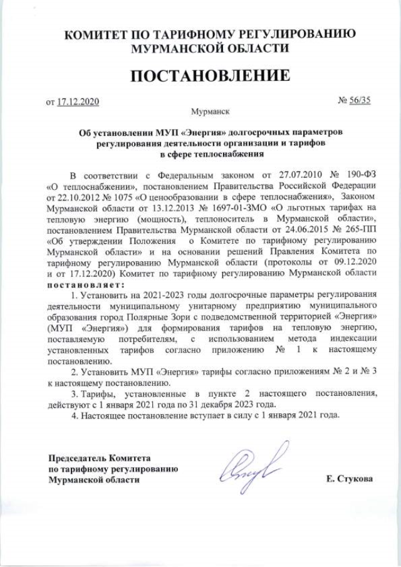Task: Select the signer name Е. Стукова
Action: coord(349,479)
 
